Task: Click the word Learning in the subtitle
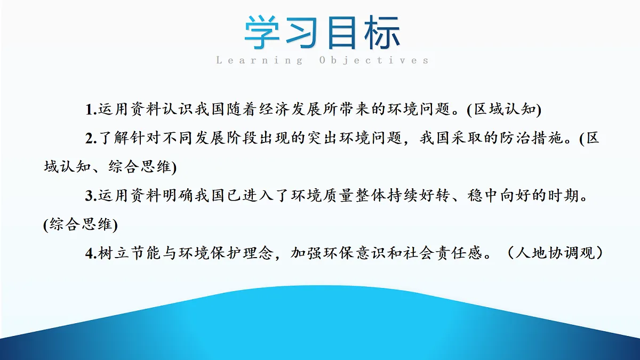[259, 60]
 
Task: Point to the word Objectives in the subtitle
[374, 60]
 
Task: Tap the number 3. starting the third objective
[91, 196]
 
